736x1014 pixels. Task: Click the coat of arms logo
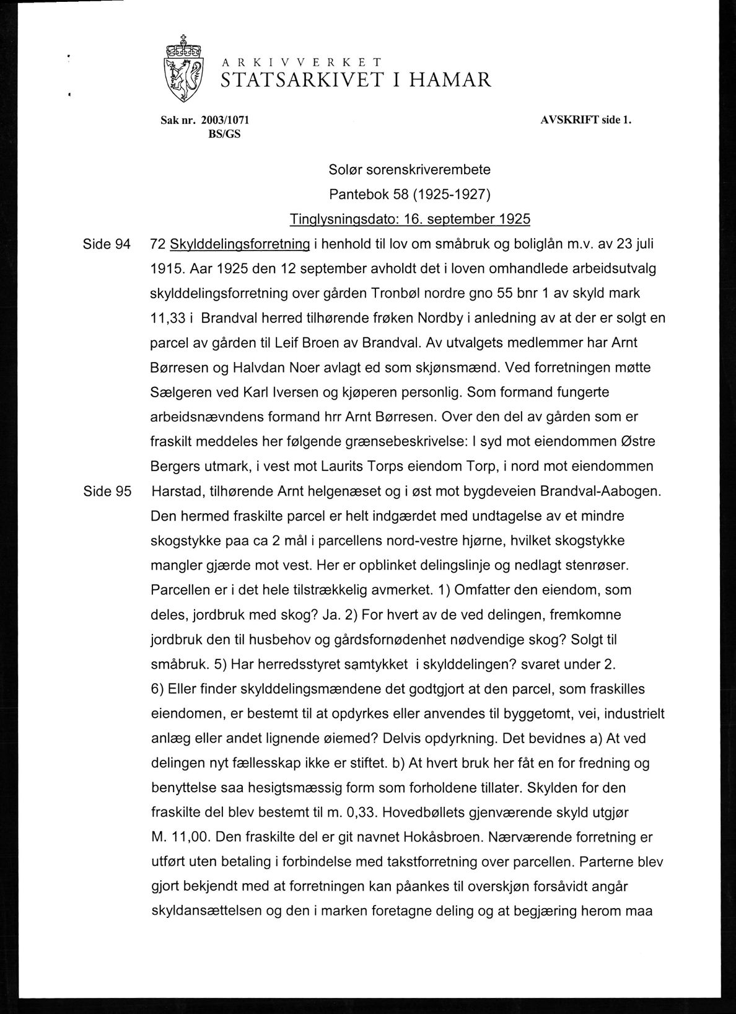(x=183, y=69)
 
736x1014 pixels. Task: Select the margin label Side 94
(x=107, y=244)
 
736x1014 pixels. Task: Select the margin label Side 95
(x=107, y=492)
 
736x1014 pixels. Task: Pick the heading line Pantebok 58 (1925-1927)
(x=410, y=195)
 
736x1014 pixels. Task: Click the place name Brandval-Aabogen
(x=601, y=492)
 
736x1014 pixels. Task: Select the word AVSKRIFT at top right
(x=569, y=120)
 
